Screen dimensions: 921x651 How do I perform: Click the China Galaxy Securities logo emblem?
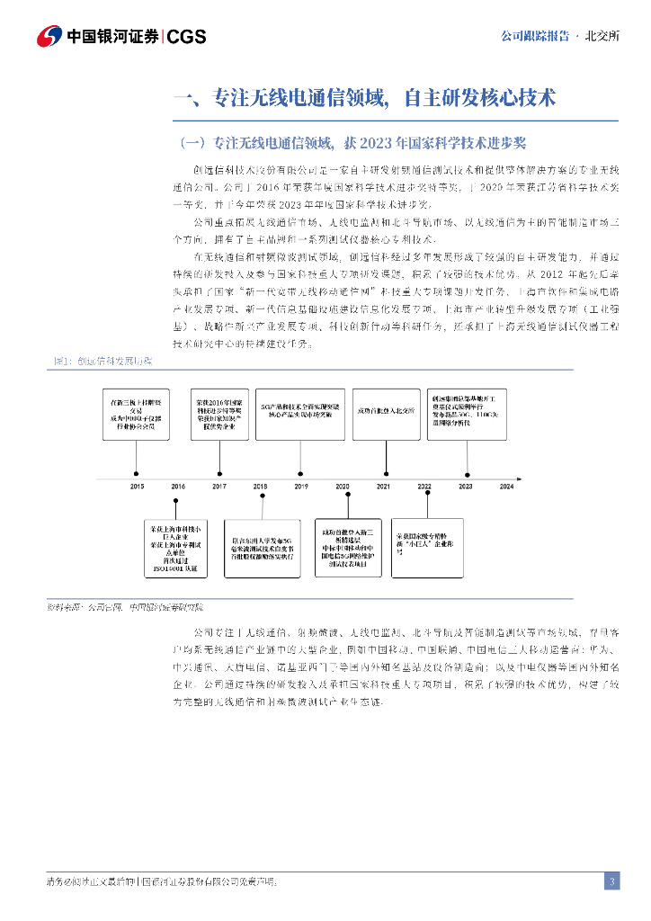click(49, 36)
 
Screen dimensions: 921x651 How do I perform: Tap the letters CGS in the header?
click(187, 37)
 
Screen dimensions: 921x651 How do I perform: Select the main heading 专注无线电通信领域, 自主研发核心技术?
click(363, 98)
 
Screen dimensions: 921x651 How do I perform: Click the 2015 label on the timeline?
click(137, 486)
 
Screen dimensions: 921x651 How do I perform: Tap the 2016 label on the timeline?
click(178, 486)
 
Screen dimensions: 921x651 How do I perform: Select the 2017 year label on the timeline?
click(219, 486)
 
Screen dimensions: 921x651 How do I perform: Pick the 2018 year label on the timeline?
click(260, 486)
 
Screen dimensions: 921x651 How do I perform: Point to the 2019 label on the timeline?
click(301, 486)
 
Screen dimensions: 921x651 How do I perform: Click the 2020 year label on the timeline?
click(343, 486)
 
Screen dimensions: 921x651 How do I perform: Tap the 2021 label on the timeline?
click(383, 486)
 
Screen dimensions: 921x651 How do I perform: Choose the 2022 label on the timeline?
click(424, 486)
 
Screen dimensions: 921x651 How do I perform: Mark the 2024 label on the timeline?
click(506, 486)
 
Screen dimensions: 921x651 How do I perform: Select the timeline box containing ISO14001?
click(178, 547)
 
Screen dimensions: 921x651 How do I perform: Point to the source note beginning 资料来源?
click(125, 609)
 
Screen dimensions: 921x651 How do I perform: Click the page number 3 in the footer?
click(611, 881)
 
